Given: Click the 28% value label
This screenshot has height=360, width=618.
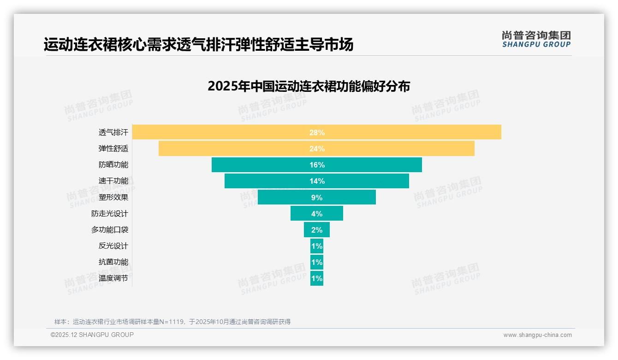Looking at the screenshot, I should [x=317, y=132].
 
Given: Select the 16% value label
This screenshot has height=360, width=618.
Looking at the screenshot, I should [x=317, y=165].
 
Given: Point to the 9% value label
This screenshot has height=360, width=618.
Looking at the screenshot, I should [x=317, y=198].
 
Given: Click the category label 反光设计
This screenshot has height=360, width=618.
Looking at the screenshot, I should [x=113, y=246].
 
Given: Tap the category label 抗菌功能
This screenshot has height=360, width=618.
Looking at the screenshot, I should [x=113, y=262].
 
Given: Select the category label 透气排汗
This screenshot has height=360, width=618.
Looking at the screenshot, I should [x=113, y=132].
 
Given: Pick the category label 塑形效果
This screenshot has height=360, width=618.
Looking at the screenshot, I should [x=113, y=197].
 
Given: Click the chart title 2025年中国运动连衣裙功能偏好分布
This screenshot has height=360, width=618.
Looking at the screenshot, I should [x=309, y=86].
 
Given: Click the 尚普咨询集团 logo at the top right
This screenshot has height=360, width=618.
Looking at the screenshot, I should [x=536, y=39].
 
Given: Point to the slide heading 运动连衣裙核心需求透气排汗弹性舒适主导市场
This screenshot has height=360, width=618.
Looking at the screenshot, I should [x=198, y=45].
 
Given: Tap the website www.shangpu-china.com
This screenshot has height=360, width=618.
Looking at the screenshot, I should [x=537, y=335].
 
